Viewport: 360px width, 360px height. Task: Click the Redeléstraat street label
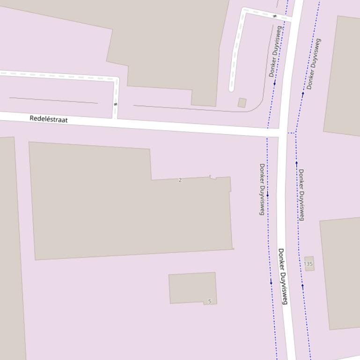pyautogui.click(x=49, y=119)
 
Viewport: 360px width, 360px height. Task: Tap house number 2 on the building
pyautogui.click(x=180, y=180)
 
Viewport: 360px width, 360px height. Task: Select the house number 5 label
pyautogui.click(x=210, y=301)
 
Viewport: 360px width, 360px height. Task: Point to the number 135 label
pyautogui.click(x=308, y=264)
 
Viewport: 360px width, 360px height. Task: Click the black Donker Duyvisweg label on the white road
pyautogui.click(x=282, y=276)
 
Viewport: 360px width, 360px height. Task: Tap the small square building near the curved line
pyautogui.click(x=242, y=103)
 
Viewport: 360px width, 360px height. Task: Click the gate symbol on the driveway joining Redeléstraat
pyautogui.click(x=115, y=104)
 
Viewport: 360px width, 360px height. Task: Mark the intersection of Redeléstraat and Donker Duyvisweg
pyautogui.click(x=283, y=134)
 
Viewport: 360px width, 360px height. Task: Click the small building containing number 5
pyautogui.click(x=192, y=288)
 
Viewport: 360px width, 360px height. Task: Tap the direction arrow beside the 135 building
pyautogui.click(x=302, y=286)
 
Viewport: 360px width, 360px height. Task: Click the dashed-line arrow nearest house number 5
pyautogui.click(x=271, y=282)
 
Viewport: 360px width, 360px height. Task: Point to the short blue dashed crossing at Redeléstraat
pyautogui.click(x=291, y=133)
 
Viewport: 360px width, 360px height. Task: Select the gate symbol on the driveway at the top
pyautogui.click(x=275, y=16)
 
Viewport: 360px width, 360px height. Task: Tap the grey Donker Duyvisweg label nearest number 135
pyautogui.click(x=302, y=194)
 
